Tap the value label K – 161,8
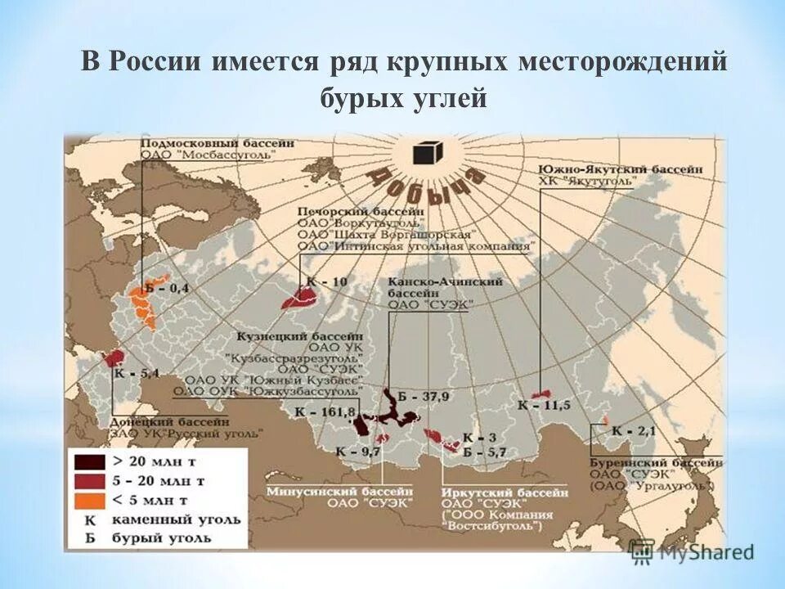[x=328, y=411]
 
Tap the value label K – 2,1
[x=635, y=430]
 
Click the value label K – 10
[x=327, y=281]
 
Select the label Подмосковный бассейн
[x=218, y=142]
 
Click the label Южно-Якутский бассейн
[x=620, y=169]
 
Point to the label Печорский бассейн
[x=361, y=209]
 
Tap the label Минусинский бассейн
[x=339, y=491]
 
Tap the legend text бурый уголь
[x=169, y=538]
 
